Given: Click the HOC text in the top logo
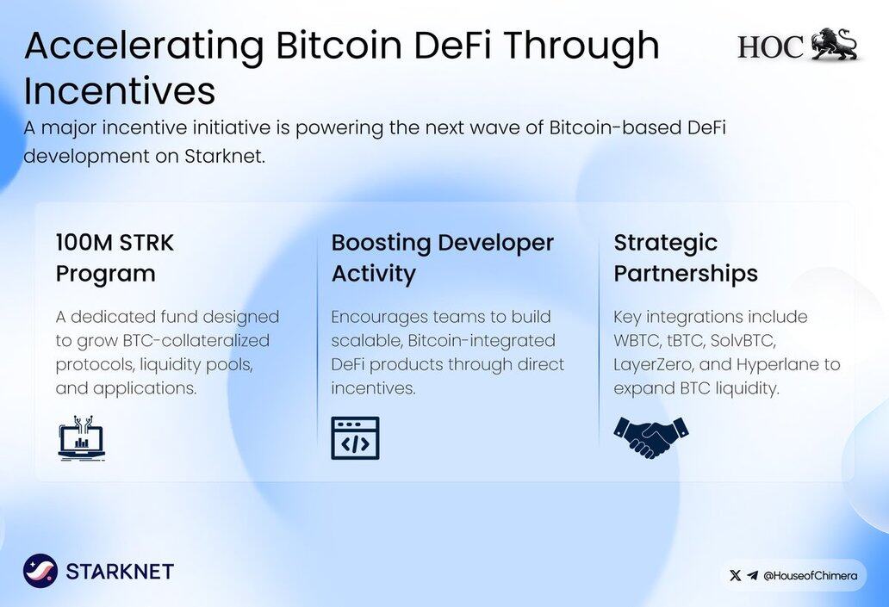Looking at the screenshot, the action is pyautogui.click(x=770, y=46).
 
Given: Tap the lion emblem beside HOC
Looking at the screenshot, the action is pyautogui.click(x=834, y=43).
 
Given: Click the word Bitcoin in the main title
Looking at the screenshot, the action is pyautogui.click(x=339, y=45).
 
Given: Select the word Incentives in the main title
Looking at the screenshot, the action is pyautogui.click(x=120, y=90).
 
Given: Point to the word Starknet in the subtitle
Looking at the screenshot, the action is pyautogui.click(x=225, y=156).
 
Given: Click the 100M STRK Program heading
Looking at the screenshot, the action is pyautogui.click(x=115, y=258).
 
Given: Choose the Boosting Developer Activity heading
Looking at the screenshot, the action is pyautogui.click(x=442, y=258).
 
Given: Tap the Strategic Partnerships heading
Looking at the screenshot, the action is pyautogui.click(x=686, y=258).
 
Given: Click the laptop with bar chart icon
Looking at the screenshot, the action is pyautogui.click(x=82, y=437).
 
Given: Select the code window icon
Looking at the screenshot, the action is pyautogui.click(x=355, y=438).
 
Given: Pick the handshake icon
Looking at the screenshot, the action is pyautogui.click(x=651, y=437).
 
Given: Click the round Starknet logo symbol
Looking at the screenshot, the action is pyautogui.click(x=40, y=571).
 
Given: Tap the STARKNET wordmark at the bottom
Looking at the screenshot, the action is pyautogui.click(x=120, y=572).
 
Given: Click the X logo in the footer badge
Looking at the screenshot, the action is pyautogui.click(x=736, y=576).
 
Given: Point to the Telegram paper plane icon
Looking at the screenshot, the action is pyautogui.click(x=752, y=576).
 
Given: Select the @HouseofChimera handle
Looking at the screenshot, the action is pyautogui.click(x=811, y=576).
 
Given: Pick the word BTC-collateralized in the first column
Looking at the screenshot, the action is pyautogui.click(x=196, y=341).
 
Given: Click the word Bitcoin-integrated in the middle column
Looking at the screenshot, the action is pyautogui.click(x=482, y=341).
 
